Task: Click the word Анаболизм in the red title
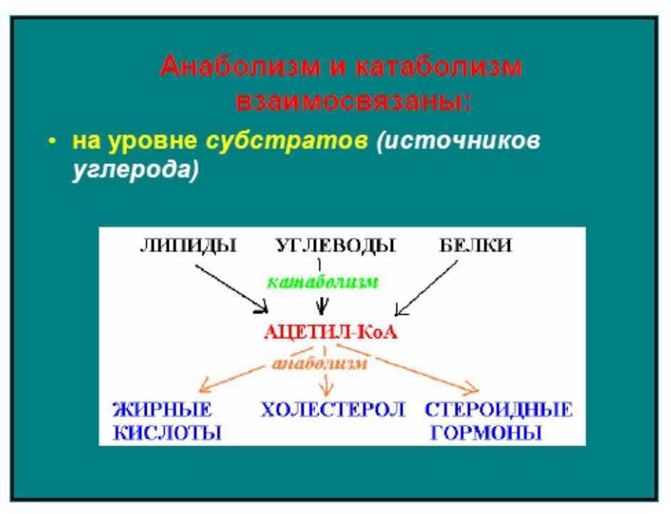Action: point(240,66)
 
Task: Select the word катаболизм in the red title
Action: point(439,66)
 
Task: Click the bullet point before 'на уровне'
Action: point(52,141)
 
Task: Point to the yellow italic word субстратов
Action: point(287,140)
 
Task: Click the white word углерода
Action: point(135,169)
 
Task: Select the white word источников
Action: point(459,140)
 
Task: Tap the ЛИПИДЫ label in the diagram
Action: point(188,246)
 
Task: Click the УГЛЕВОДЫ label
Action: point(335,246)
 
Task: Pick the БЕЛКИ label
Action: point(476,245)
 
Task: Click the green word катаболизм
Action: point(322,282)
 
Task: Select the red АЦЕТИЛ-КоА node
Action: point(331,333)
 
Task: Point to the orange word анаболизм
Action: point(319,363)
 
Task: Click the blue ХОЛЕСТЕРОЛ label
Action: point(332,410)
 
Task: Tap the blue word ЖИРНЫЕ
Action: point(162,410)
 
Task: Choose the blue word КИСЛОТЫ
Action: point(168,433)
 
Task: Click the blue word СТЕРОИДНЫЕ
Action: point(498,410)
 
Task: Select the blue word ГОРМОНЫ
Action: point(486,433)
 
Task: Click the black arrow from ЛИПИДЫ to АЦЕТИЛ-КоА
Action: point(232,288)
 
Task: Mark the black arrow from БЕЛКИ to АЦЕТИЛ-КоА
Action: point(426,288)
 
